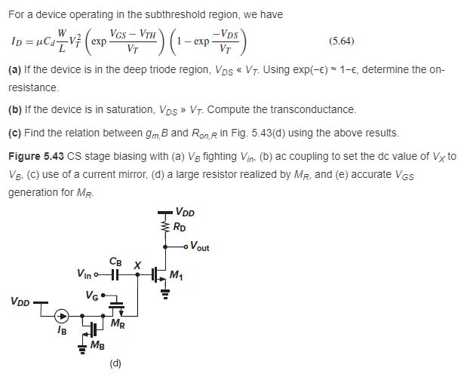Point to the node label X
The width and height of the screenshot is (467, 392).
pyautogui.click(x=137, y=265)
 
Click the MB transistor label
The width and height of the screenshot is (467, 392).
pyautogui.click(x=97, y=345)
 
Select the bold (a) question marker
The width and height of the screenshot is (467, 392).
pyautogui.click(x=14, y=69)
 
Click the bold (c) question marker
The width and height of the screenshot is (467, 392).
pyautogui.click(x=14, y=133)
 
